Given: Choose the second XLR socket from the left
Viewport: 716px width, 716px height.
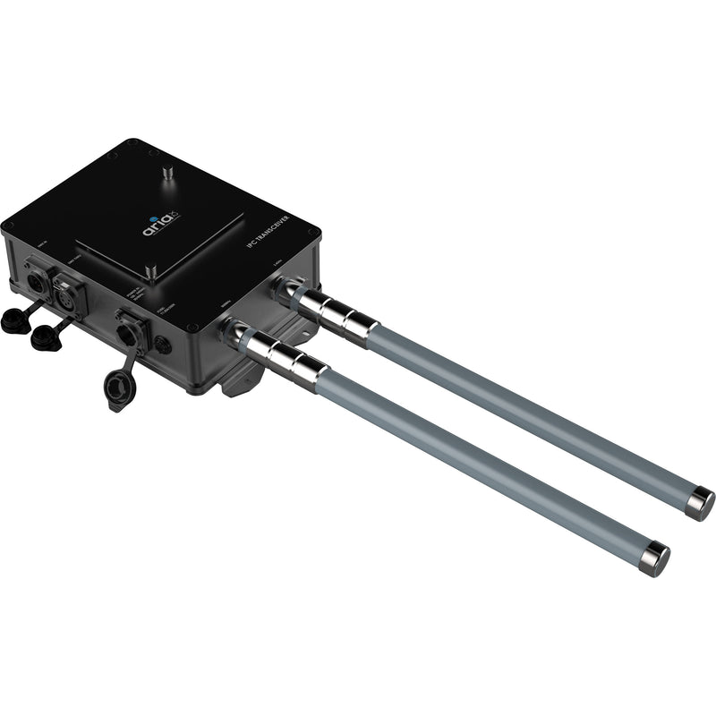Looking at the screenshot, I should coord(69,291).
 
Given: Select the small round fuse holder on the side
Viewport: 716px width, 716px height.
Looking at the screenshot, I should coord(162,345).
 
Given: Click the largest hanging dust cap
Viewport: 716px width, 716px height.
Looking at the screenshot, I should coord(117,389).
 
